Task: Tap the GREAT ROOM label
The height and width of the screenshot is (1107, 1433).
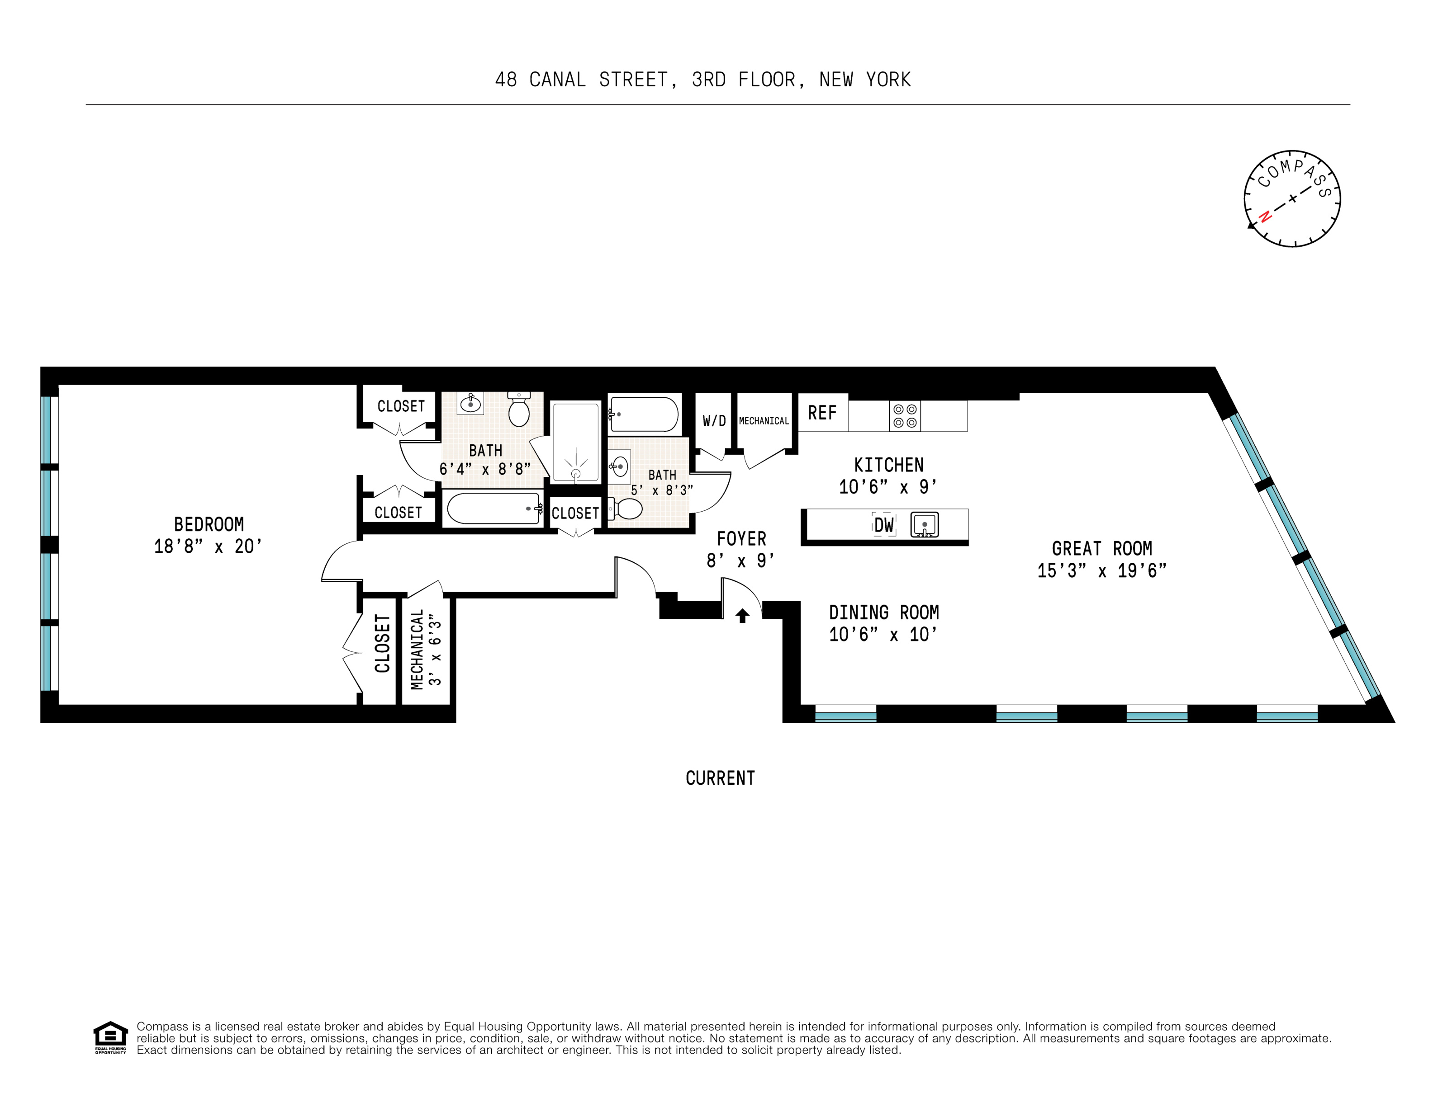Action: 1101,548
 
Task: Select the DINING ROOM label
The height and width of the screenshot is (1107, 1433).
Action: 883,612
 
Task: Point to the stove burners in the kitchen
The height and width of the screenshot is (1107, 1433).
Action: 905,416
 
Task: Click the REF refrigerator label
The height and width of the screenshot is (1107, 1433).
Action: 822,413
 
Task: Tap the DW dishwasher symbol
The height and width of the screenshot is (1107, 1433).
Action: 884,525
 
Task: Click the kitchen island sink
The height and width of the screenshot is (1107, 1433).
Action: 925,525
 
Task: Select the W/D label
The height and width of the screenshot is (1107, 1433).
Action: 714,421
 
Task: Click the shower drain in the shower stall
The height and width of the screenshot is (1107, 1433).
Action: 576,473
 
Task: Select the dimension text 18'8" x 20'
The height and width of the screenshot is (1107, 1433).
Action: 208,546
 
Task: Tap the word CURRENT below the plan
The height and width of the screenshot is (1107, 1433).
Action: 720,778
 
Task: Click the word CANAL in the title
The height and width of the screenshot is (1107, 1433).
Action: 557,80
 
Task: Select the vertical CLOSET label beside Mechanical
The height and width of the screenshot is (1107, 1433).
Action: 382,643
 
